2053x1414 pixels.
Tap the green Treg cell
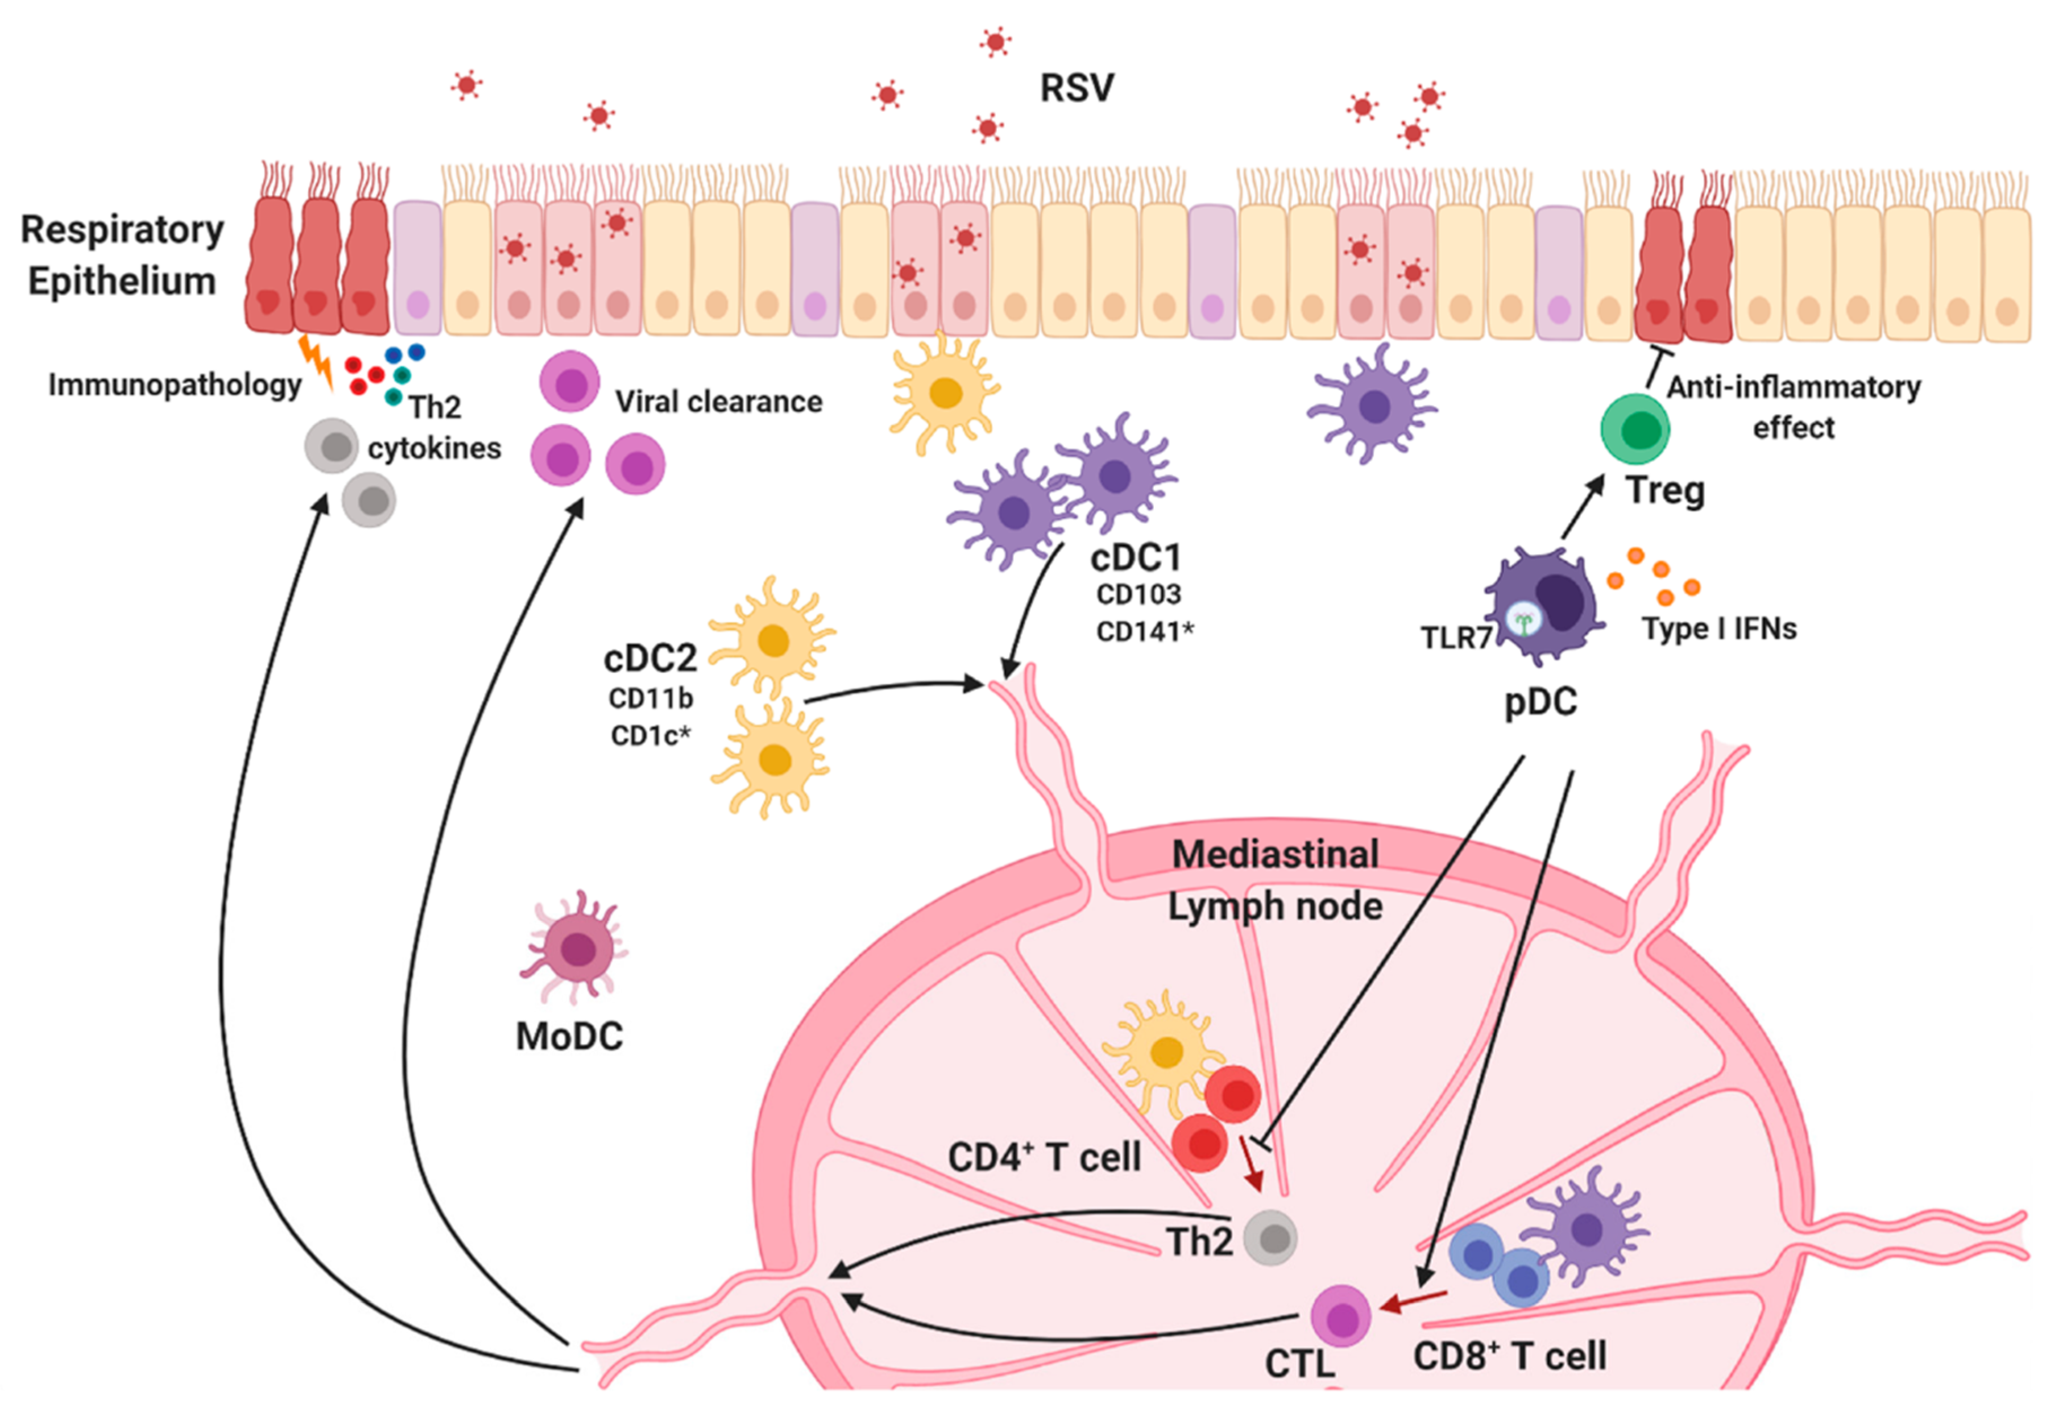(x=1635, y=430)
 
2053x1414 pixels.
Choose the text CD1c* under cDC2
(x=650, y=735)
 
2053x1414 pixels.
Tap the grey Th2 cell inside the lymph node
(x=1271, y=1238)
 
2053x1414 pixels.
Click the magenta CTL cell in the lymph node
(x=1341, y=1316)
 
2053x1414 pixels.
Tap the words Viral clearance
(x=719, y=402)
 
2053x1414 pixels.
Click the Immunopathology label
(x=174, y=385)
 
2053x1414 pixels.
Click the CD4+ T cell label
(x=1044, y=1157)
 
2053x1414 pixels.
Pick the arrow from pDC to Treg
(x=1582, y=507)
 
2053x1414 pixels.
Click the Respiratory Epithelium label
(x=122, y=255)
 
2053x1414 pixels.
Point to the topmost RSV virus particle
(x=995, y=42)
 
